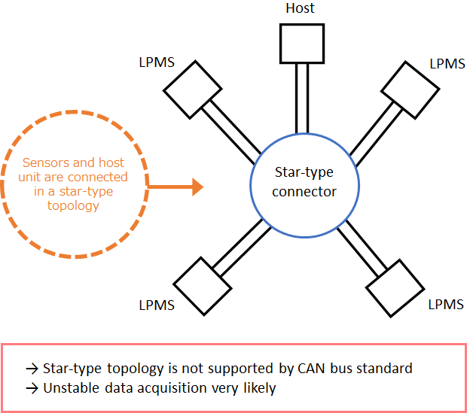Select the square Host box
click(x=301, y=42)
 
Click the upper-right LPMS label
click(x=447, y=63)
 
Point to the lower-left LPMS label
click(x=157, y=305)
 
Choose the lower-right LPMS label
click(x=446, y=305)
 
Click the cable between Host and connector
click(x=301, y=98)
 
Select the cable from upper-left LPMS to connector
click(x=230, y=131)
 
